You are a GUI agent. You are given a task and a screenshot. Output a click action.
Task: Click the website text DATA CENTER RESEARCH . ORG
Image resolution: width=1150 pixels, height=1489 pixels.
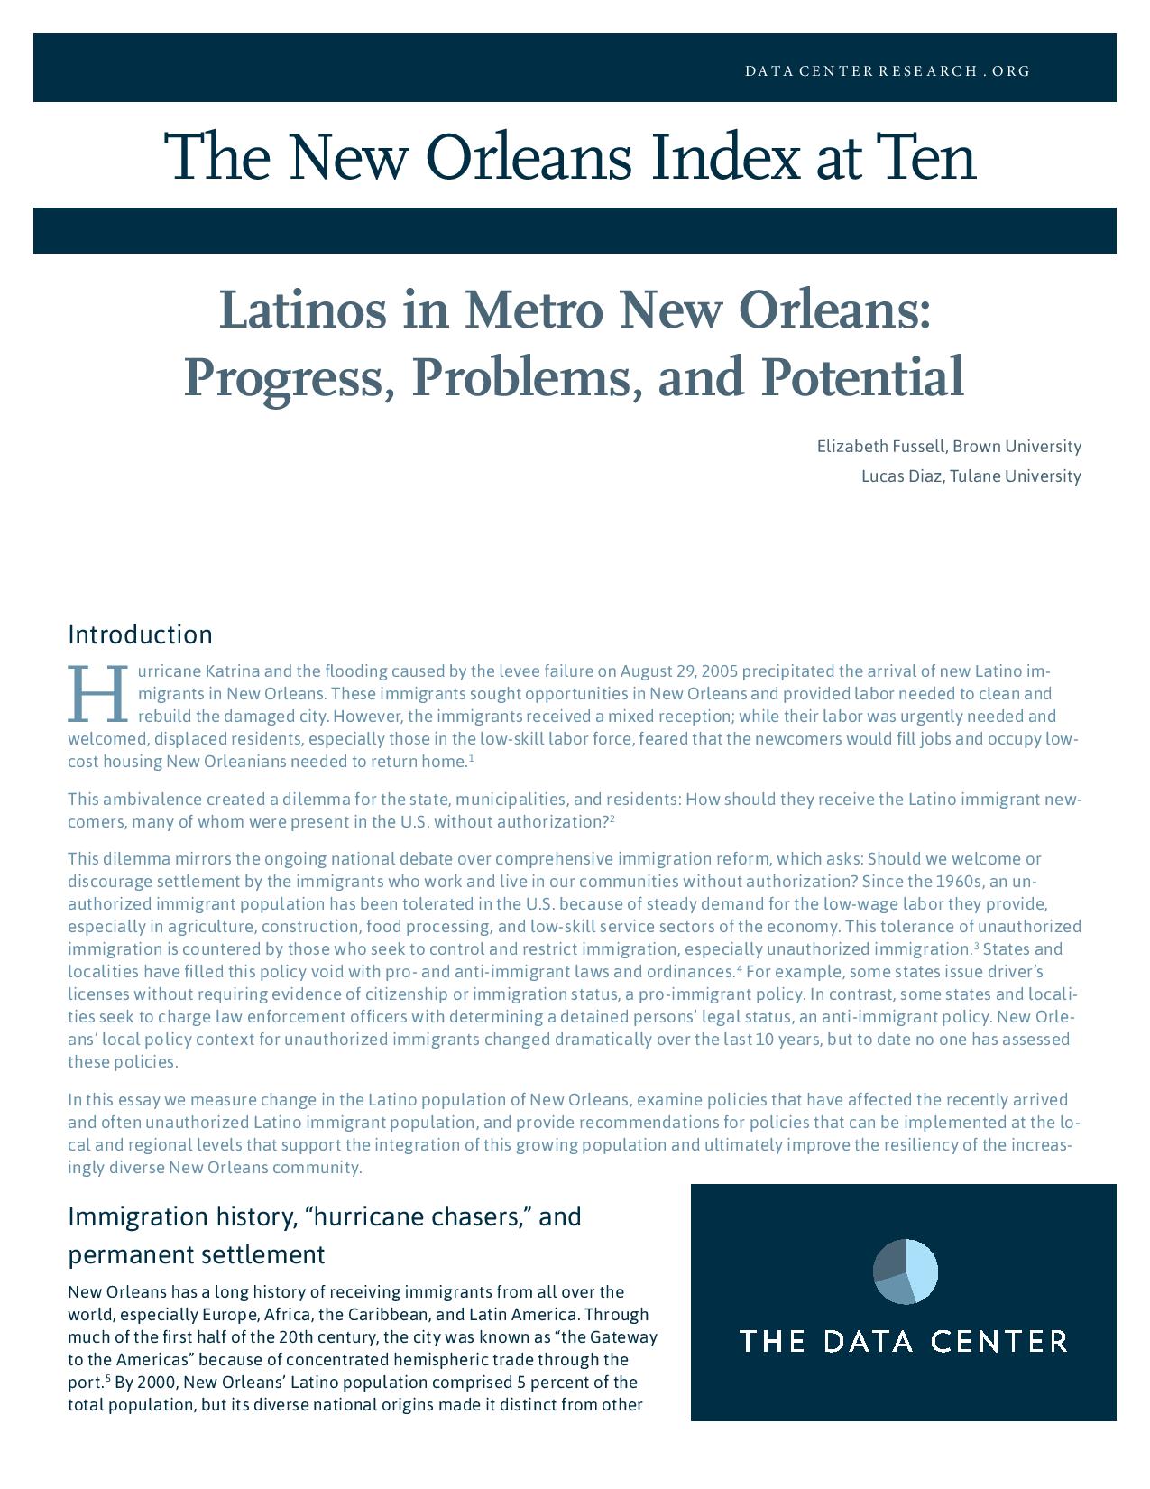[x=888, y=70]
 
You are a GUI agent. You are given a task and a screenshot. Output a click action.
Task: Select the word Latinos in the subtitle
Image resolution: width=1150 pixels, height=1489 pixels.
[x=303, y=310]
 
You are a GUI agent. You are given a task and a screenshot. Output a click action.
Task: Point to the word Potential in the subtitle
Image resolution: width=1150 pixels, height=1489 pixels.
[x=862, y=377]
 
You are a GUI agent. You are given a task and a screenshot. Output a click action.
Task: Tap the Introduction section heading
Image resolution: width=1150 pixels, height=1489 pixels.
[x=140, y=634]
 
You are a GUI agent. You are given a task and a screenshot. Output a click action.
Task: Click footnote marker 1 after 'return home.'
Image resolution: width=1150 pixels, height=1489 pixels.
[x=472, y=758]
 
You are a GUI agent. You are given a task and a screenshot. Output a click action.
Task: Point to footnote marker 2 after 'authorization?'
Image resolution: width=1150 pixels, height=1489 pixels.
[x=612, y=818]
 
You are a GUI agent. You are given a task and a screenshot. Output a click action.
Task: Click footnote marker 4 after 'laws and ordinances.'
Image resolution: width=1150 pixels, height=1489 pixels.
[x=740, y=968]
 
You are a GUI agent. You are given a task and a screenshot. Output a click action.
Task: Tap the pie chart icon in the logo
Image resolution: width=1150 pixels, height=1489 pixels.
[x=905, y=1272]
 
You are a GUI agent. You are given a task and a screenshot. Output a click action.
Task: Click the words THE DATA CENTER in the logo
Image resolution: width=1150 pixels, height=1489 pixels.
[x=903, y=1341]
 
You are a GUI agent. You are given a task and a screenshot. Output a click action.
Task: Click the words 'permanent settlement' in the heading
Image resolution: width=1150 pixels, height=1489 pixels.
[x=196, y=1254]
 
